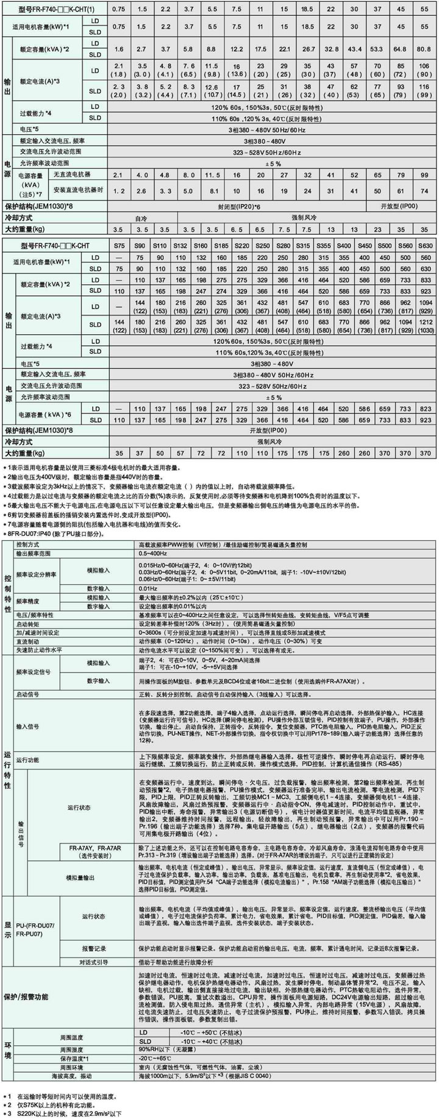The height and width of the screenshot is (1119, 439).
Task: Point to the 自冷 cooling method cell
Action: point(141,217)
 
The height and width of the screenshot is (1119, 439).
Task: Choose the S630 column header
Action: point(425,245)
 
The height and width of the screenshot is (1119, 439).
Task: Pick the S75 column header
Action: point(119,245)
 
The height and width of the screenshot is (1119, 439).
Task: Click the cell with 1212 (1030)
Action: point(425,325)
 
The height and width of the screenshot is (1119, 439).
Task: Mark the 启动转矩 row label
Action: point(27,624)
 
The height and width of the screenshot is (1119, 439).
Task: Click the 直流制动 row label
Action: point(27,642)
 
